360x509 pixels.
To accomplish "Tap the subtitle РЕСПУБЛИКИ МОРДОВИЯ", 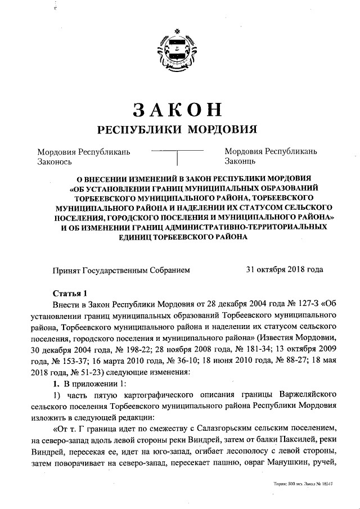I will point(178,129).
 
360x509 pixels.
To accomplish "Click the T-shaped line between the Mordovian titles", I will point(178,155).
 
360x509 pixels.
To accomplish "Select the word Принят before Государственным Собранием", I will point(66,269).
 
